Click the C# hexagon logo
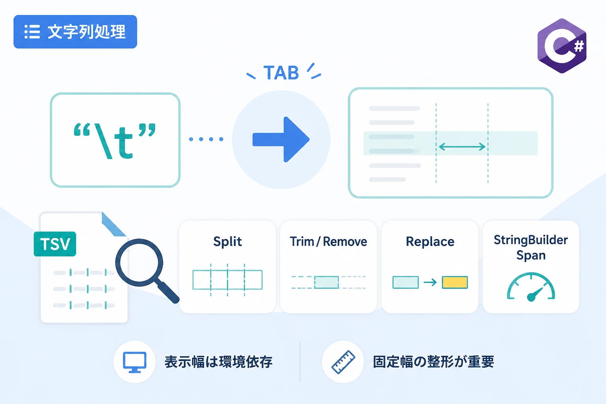tap(562, 46)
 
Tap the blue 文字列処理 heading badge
tap(75, 32)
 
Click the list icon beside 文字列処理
tap(32, 32)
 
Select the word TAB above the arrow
tap(281, 73)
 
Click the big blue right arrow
tap(281, 139)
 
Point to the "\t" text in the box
tap(115, 141)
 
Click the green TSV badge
tap(55, 244)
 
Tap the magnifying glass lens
tap(139, 262)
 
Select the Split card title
tap(228, 241)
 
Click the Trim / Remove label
tap(328, 241)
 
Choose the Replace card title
tap(430, 241)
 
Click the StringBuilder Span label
tap(531, 248)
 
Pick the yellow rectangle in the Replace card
tap(455, 282)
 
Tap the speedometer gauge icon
tap(531, 287)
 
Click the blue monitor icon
tap(135, 362)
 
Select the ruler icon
tap(343, 362)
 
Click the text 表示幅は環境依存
tap(219, 362)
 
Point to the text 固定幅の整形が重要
tap(434, 362)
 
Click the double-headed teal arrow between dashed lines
tap(462, 147)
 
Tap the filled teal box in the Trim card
tap(327, 282)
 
